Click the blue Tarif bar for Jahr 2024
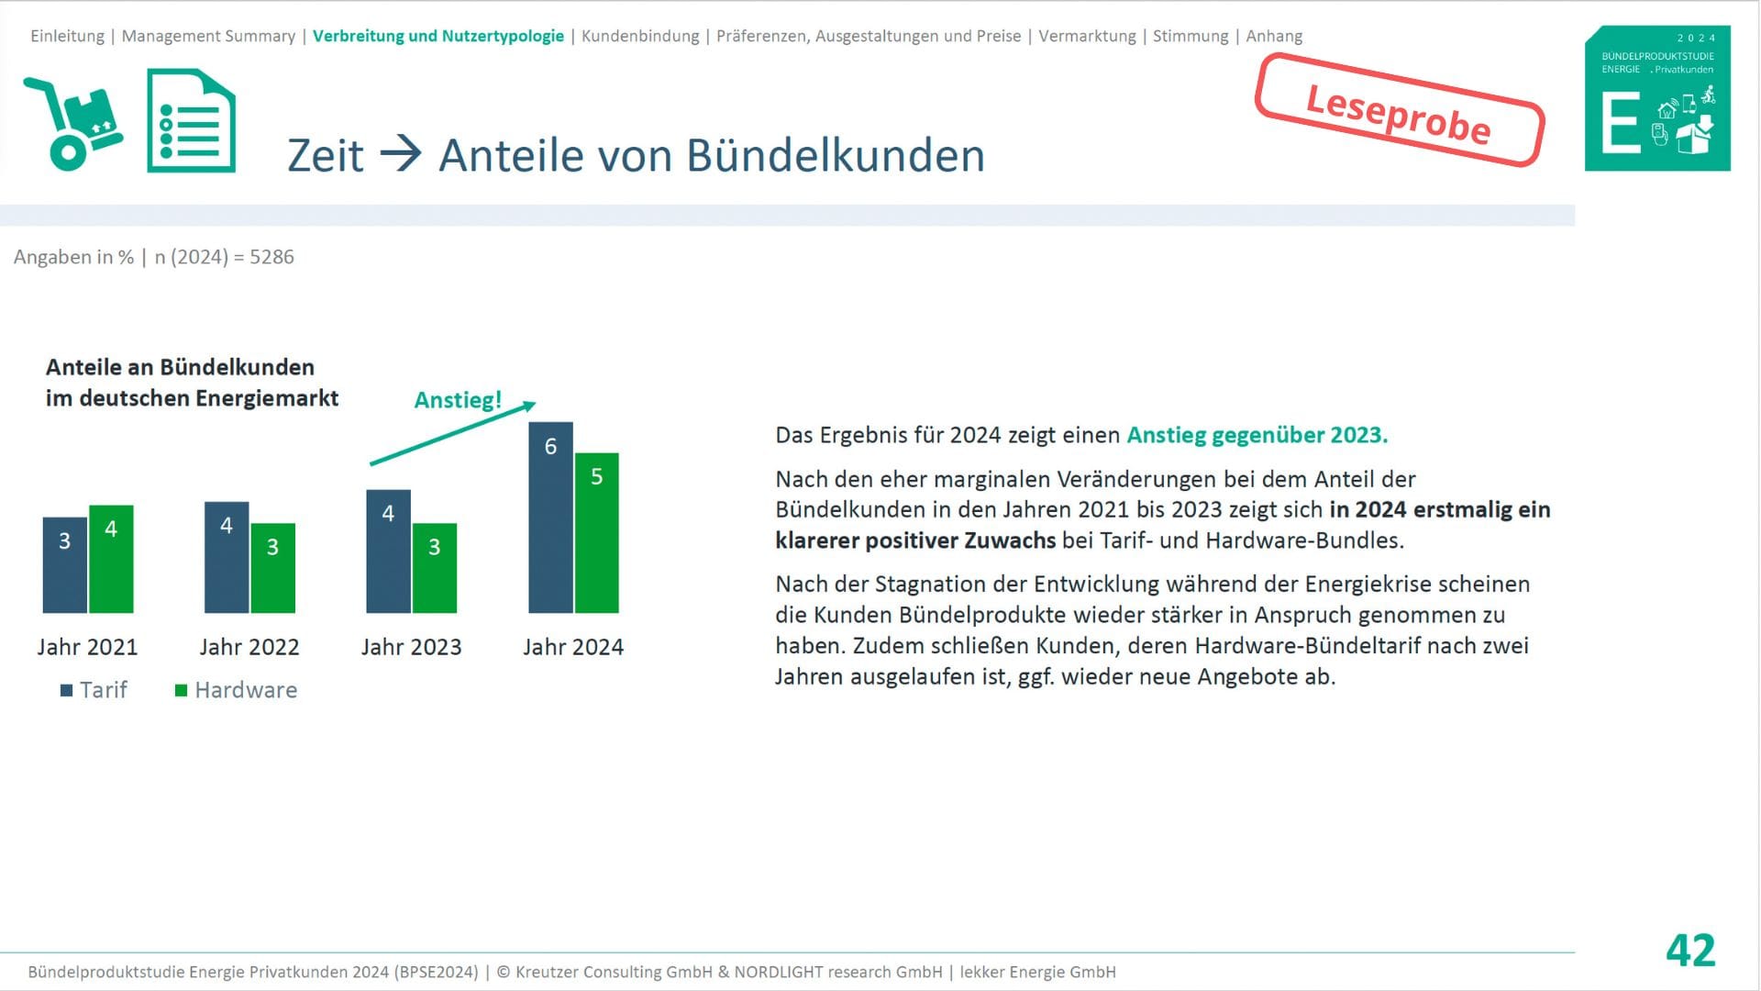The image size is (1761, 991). point(550,518)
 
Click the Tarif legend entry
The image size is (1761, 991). point(94,690)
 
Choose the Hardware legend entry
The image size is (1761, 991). point(237,690)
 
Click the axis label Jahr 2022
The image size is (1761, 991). point(249,647)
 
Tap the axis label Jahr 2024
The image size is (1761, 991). point(573,647)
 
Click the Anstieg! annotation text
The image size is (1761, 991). point(458,400)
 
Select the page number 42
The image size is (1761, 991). point(1690,951)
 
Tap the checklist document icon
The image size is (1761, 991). point(191,120)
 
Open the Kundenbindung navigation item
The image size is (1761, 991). point(640,36)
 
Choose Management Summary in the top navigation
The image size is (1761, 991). point(208,36)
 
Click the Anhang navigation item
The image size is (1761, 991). point(1274,36)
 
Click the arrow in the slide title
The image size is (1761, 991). point(401,153)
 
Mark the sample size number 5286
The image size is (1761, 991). point(271,257)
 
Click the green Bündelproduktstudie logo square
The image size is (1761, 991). point(1657,98)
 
